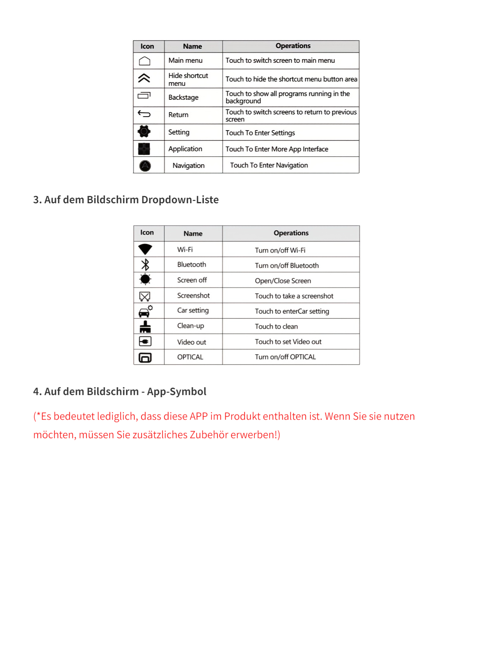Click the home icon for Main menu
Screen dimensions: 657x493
[x=145, y=61]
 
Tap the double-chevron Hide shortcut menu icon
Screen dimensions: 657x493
[x=144, y=78]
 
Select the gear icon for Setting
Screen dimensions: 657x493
[x=144, y=131]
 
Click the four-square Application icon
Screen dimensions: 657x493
[x=144, y=149]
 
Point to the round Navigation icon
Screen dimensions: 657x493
[x=145, y=165]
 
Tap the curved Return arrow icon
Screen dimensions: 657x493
[x=144, y=114]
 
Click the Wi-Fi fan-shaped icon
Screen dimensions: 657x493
[x=145, y=249]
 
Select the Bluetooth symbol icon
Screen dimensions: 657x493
[x=145, y=264]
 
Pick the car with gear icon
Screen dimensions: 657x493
[x=145, y=311]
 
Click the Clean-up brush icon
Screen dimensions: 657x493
[x=145, y=326]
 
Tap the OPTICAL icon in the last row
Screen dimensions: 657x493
[x=145, y=357]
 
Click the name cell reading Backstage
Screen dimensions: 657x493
[x=183, y=97]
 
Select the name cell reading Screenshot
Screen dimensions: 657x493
[x=194, y=296]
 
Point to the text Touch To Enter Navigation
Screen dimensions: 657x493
[x=269, y=165]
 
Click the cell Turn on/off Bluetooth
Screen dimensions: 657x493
[x=287, y=266]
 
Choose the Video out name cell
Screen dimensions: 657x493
[x=191, y=342]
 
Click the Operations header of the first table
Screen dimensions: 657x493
[x=293, y=46]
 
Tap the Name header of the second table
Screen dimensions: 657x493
[x=193, y=234]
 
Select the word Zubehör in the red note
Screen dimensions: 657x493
[x=210, y=435]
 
